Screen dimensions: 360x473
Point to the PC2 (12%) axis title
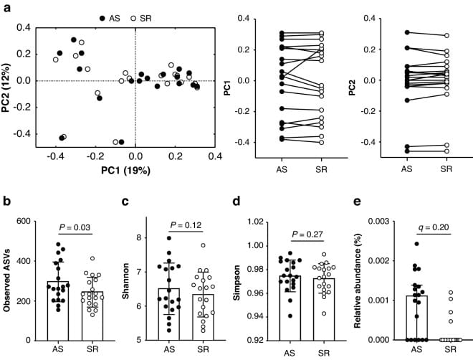click(8, 80)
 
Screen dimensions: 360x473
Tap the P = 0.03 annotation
click(75, 227)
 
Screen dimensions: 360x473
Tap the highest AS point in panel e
click(416, 245)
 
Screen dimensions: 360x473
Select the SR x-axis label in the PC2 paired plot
click(446, 170)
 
